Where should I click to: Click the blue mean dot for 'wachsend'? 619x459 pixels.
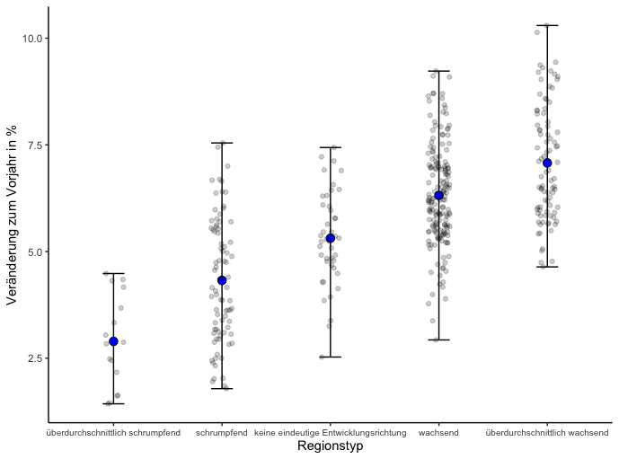point(438,195)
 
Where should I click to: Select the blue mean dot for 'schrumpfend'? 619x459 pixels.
point(222,280)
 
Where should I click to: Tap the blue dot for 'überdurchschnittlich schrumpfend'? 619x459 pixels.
point(113,341)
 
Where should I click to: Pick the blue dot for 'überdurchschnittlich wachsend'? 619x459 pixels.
point(547,163)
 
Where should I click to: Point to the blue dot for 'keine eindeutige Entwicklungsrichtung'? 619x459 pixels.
point(330,238)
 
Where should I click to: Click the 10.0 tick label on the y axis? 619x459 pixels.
point(32,39)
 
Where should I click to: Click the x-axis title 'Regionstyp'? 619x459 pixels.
point(330,446)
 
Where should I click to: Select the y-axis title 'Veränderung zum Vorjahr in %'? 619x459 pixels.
point(12,216)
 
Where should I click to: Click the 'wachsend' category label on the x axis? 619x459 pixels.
point(438,433)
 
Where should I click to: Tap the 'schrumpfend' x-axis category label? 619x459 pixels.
point(222,433)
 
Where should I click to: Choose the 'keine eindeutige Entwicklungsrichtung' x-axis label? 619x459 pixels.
point(330,433)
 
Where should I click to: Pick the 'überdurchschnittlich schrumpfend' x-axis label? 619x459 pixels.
point(113,433)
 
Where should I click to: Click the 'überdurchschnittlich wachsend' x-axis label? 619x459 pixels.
point(547,433)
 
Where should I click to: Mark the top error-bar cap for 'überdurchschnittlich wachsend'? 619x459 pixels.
point(547,25)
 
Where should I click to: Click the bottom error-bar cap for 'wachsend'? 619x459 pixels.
point(438,340)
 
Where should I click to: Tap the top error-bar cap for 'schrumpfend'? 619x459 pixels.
point(222,143)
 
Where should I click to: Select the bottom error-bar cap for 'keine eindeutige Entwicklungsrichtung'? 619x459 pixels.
point(330,357)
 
